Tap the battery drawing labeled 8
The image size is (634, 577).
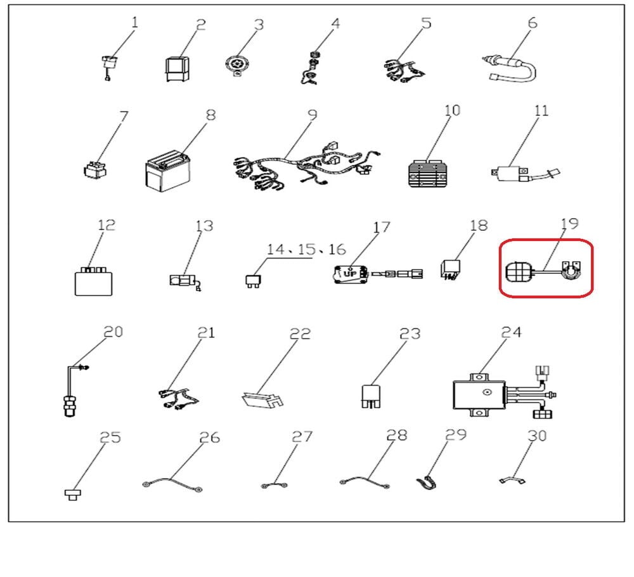coord(167,171)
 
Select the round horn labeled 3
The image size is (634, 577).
coord(236,65)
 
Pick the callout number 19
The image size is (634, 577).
coord(570,223)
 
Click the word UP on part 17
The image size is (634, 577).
coord(350,274)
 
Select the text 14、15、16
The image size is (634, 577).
coord(306,249)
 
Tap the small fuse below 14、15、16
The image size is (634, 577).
coord(253,281)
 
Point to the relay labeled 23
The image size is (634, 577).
coord(371,396)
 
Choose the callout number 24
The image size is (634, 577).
coord(512,332)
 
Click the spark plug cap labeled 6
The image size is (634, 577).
coord(510,68)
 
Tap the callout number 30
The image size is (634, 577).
coord(538,436)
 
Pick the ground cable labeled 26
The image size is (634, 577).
coord(172,484)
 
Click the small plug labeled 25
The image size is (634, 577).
coord(73,494)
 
